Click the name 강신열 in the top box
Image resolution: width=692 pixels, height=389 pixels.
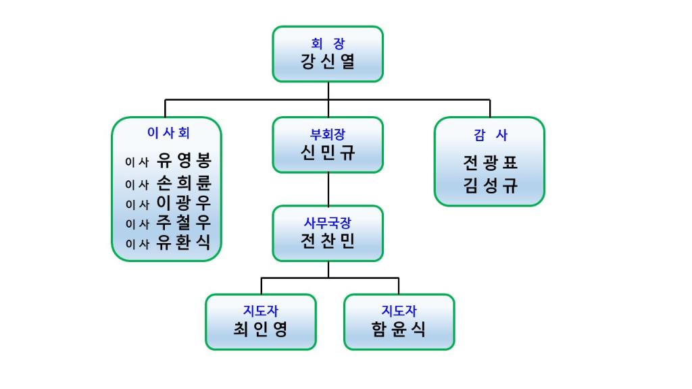pos(328,62)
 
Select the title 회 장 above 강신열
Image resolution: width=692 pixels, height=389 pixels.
pos(328,44)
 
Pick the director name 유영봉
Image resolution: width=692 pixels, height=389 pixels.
pos(184,161)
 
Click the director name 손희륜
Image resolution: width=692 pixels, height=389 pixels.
pos(184,183)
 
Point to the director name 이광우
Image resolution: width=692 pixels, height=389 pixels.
pos(184,203)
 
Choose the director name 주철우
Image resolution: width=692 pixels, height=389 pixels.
pos(184,224)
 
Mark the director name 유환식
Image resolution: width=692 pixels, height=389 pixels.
pos(184,244)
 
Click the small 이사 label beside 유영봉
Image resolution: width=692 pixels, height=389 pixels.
pos(137,163)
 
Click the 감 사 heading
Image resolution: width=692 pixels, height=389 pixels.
pos(490,135)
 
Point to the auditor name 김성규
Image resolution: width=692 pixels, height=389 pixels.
pos(490,186)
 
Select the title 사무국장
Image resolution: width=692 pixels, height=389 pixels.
pos(328,222)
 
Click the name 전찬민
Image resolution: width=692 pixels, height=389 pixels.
pos(328,240)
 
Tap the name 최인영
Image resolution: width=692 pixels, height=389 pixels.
pos(260,330)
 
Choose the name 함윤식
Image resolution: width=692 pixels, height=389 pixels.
pos(399,330)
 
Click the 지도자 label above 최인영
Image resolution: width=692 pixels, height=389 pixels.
pos(260,311)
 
